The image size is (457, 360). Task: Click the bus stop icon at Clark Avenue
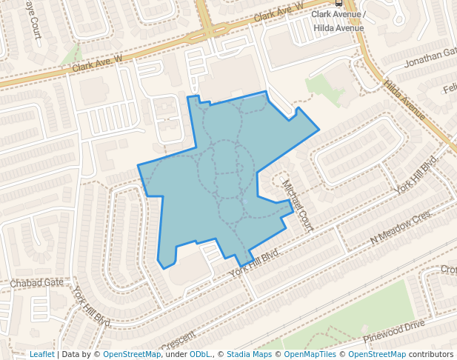[x=338, y=3]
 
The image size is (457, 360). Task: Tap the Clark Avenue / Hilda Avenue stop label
[x=338, y=20]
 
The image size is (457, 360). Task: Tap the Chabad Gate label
[x=37, y=283]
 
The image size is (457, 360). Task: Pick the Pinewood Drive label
[x=393, y=331]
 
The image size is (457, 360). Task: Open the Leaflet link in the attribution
[x=41, y=354]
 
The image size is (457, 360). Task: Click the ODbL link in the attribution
[x=200, y=354]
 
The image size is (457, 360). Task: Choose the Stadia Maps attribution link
[x=248, y=354]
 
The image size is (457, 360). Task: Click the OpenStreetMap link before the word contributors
[x=376, y=354]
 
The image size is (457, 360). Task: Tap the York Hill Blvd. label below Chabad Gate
[x=92, y=307]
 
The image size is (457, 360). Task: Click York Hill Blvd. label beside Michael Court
[x=255, y=261]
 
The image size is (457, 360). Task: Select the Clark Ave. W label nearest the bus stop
[x=278, y=10]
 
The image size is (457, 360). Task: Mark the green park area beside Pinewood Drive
[x=370, y=311]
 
